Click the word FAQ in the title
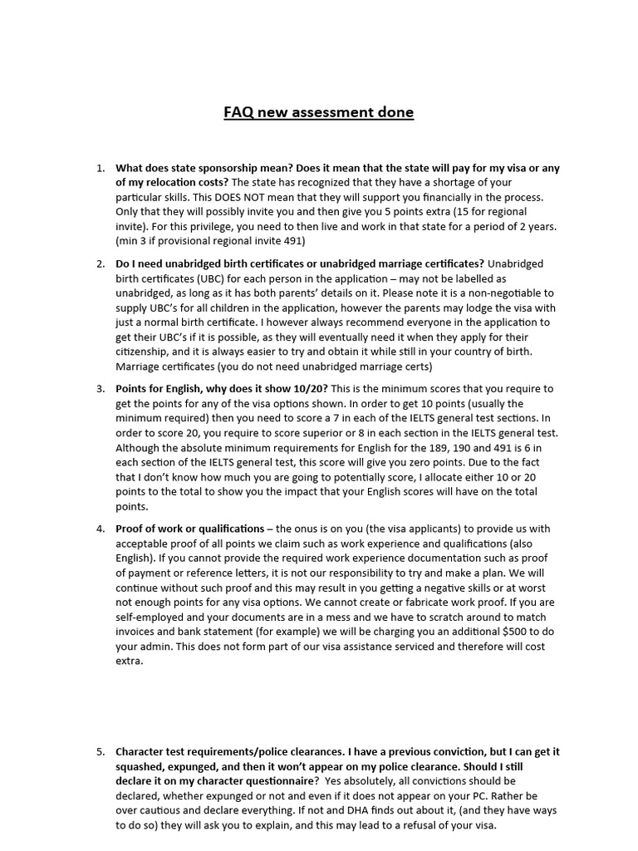tap(238, 112)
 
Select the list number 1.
tap(100, 168)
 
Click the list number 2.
tap(100, 263)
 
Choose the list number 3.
tap(100, 388)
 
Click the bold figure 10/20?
tap(308, 388)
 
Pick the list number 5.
tap(100, 751)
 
